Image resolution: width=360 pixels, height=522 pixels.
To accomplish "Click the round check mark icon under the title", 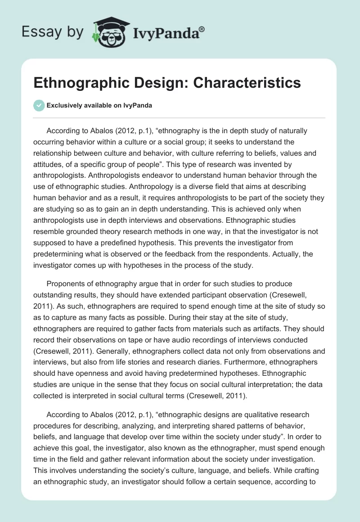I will pyautogui.click(x=39, y=105).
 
